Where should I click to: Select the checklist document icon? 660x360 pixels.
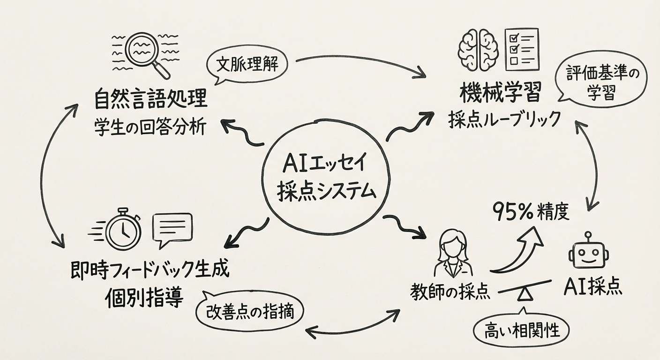pyautogui.click(x=521, y=48)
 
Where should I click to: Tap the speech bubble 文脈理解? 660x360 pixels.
pyautogui.click(x=247, y=66)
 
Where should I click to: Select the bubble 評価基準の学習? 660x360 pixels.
pyautogui.click(x=599, y=82)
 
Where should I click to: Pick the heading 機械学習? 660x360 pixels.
pyautogui.click(x=501, y=92)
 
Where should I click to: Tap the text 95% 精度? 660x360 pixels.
pyautogui.click(x=531, y=212)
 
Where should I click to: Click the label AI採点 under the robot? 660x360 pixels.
pyautogui.click(x=593, y=286)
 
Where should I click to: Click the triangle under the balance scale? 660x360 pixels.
pyautogui.click(x=524, y=295)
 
